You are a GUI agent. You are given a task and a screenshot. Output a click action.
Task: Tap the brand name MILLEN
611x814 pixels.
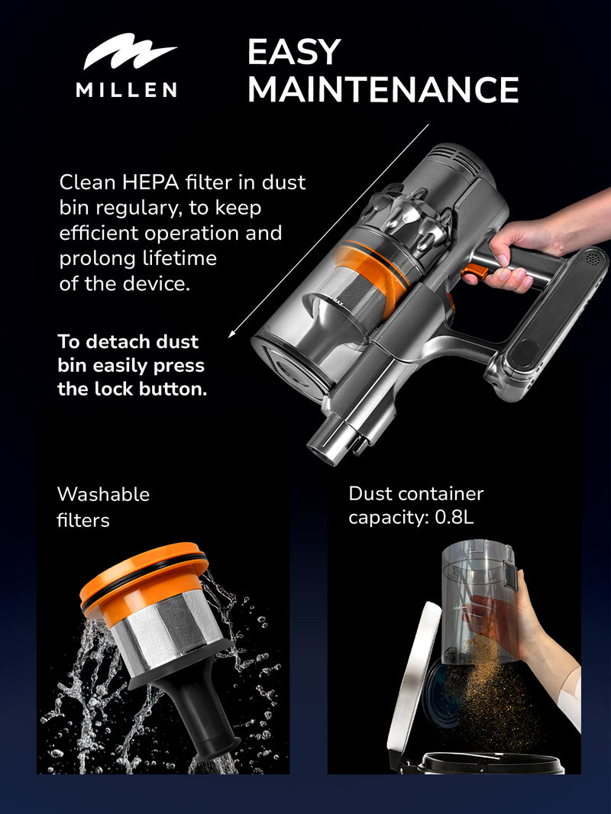coord(126,90)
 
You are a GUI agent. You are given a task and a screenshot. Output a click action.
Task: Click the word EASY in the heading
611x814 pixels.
coord(293,52)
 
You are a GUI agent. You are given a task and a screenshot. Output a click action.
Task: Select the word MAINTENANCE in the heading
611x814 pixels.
coord(383,89)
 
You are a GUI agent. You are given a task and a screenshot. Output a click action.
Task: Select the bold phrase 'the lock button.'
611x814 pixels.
coord(132,389)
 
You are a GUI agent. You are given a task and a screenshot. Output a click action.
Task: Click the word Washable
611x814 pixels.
coord(103,494)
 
